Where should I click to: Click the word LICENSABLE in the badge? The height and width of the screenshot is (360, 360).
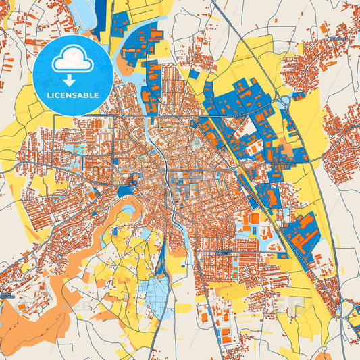pos(73,95)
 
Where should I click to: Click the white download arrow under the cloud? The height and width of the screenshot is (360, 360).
pos(73,80)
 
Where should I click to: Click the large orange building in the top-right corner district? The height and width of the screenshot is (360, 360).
pos(324,30)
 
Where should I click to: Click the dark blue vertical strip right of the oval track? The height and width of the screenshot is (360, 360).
pos(101,17)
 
